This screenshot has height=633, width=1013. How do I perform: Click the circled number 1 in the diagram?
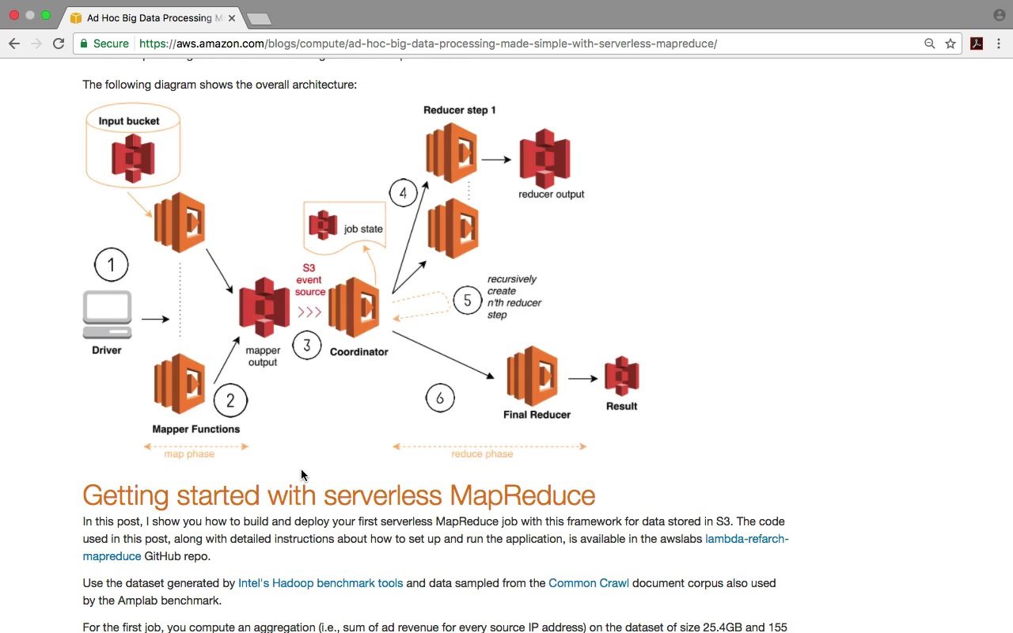111,265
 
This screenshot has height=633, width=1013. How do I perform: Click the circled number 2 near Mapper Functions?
230,400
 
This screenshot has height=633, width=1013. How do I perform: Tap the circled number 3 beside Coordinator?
307,345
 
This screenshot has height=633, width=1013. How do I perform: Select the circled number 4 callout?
403,193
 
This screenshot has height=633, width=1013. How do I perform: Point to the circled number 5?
467,301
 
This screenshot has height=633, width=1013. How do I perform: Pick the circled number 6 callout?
440,398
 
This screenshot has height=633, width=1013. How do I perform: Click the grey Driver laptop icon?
107,315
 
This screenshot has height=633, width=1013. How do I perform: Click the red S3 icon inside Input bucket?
133,157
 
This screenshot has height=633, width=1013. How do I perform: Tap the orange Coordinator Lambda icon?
354,307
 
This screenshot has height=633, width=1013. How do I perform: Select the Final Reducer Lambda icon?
533,376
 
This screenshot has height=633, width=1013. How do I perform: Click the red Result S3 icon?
621,376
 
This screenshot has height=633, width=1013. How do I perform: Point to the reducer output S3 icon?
544,158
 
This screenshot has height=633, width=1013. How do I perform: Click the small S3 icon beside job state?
323,225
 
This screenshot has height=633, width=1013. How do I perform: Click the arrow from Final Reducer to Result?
582,378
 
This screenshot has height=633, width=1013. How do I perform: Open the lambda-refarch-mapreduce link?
746,539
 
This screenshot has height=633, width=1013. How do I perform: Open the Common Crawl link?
589,583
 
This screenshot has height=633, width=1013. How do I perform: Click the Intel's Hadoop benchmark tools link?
321,583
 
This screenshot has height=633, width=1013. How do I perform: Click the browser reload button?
59,44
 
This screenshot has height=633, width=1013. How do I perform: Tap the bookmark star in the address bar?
950,44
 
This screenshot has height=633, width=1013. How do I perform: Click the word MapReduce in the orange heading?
522,495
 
